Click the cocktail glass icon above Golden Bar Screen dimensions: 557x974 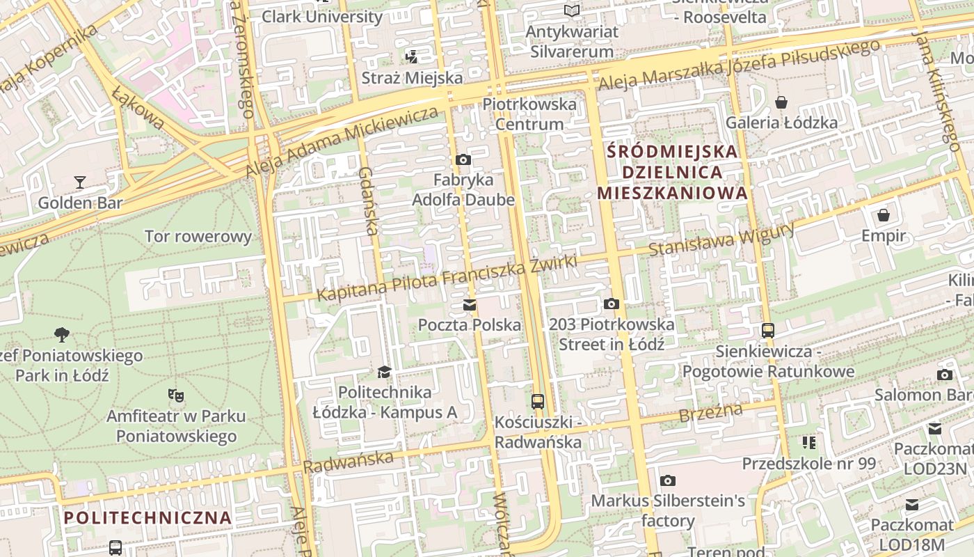click(x=80, y=182)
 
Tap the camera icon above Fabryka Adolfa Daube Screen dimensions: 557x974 click(x=463, y=160)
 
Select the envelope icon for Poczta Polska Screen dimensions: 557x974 click(x=470, y=305)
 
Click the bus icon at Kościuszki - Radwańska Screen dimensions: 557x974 click(x=538, y=402)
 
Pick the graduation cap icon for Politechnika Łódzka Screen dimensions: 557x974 click(x=385, y=372)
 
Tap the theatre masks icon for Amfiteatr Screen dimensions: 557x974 click(x=176, y=395)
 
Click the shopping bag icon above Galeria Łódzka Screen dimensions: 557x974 click(x=781, y=102)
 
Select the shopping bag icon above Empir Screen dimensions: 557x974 click(x=884, y=214)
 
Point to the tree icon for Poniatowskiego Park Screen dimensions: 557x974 click(x=62, y=335)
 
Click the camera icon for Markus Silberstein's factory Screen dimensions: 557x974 click(x=668, y=480)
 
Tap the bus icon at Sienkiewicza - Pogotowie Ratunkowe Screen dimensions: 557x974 click(x=768, y=331)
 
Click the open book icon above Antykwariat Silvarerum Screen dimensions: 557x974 click(x=572, y=11)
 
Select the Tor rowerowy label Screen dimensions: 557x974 click(x=198, y=237)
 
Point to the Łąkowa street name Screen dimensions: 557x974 click(x=138, y=109)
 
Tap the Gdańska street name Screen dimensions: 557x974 click(x=369, y=202)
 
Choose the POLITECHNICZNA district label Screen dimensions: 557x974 click(x=147, y=518)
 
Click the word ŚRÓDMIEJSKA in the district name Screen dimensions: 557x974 click(x=672, y=151)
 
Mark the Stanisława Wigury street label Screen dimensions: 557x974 click(x=721, y=240)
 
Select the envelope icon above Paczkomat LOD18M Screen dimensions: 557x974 click(x=912, y=505)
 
